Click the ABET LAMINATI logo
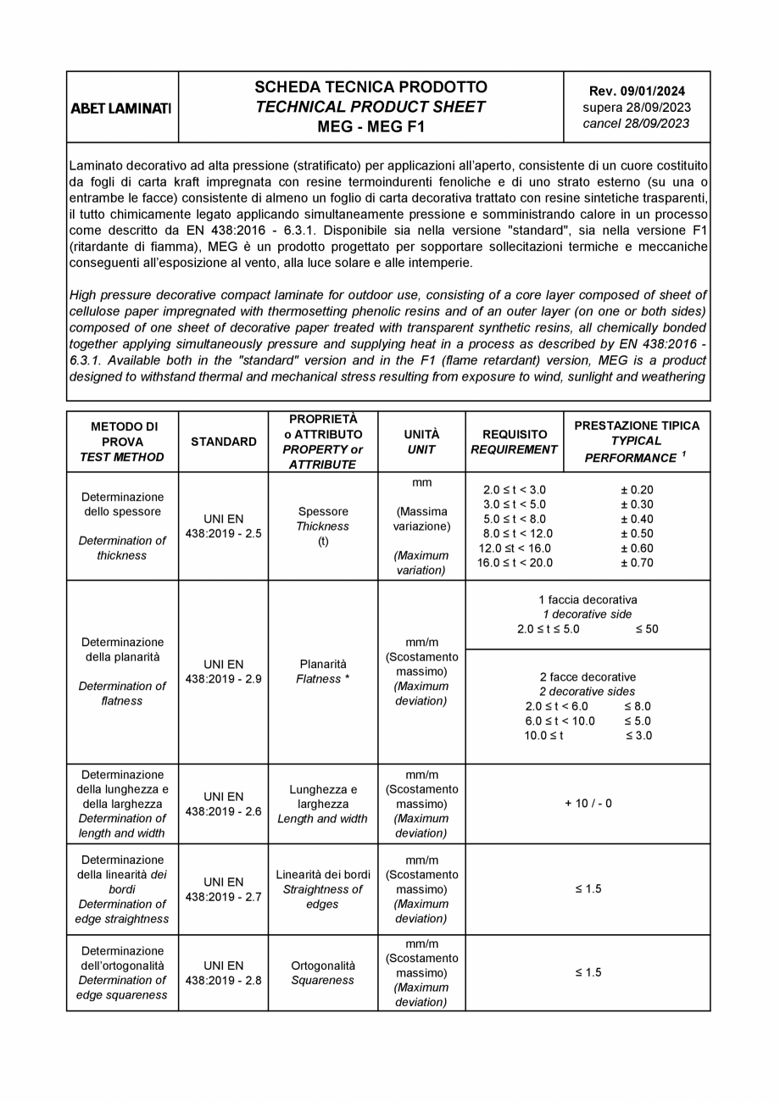pyautogui.click(x=121, y=109)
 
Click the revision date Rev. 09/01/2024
pyautogui.click(x=637, y=92)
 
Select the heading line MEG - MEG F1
pyautogui.click(x=370, y=127)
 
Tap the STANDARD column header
pyautogui.click(x=223, y=442)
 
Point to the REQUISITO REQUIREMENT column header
pyautogui.click(x=514, y=442)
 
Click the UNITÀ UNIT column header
pyautogui.click(x=421, y=442)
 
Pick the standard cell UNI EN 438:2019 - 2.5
pyautogui.click(x=223, y=526)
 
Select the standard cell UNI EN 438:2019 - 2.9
pyautogui.click(x=223, y=671)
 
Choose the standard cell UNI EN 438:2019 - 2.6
pyautogui.click(x=223, y=804)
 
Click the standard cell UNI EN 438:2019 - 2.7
pyautogui.click(x=223, y=888)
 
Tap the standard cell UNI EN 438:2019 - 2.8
pyautogui.click(x=223, y=972)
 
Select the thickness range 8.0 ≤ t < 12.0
pyautogui.click(x=517, y=534)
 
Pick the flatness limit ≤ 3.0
pyautogui.click(x=638, y=736)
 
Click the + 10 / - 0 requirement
pyautogui.click(x=588, y=804)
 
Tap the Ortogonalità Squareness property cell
pyautogui.click(x=322, y=972)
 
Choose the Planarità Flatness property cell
pyautogui.click(x=322, y=671)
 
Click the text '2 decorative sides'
pyautogui.click(x=588, y=692)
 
